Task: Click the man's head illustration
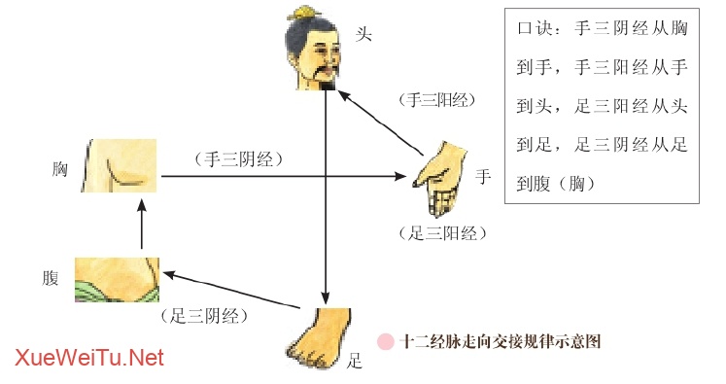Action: tap(317, 51)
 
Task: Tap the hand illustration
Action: tap(442, 176)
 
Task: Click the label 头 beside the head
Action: tap(364, 35)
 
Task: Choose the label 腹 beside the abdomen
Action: tap(52, 277)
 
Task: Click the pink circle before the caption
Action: tap(386, 341)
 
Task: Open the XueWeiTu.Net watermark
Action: tap(89, 358)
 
